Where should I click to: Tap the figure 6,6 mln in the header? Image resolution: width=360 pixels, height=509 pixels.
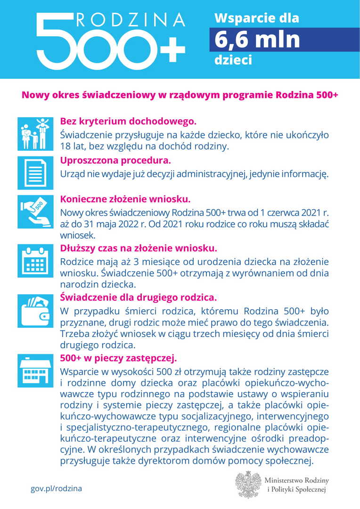257,39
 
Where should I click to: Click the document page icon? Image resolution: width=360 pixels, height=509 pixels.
33,173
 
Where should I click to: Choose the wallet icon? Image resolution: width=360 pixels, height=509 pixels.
33,311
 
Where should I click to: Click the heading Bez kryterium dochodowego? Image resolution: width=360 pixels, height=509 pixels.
128,121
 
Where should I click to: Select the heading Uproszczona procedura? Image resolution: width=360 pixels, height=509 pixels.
112,160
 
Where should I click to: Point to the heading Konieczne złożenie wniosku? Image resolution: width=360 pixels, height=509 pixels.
125,198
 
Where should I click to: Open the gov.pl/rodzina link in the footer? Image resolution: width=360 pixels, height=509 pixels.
56,488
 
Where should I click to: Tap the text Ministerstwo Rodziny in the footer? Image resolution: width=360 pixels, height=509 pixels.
296,480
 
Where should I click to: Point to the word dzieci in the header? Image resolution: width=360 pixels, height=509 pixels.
233,60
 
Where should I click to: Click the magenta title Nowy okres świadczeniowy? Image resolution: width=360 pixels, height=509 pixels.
180,95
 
